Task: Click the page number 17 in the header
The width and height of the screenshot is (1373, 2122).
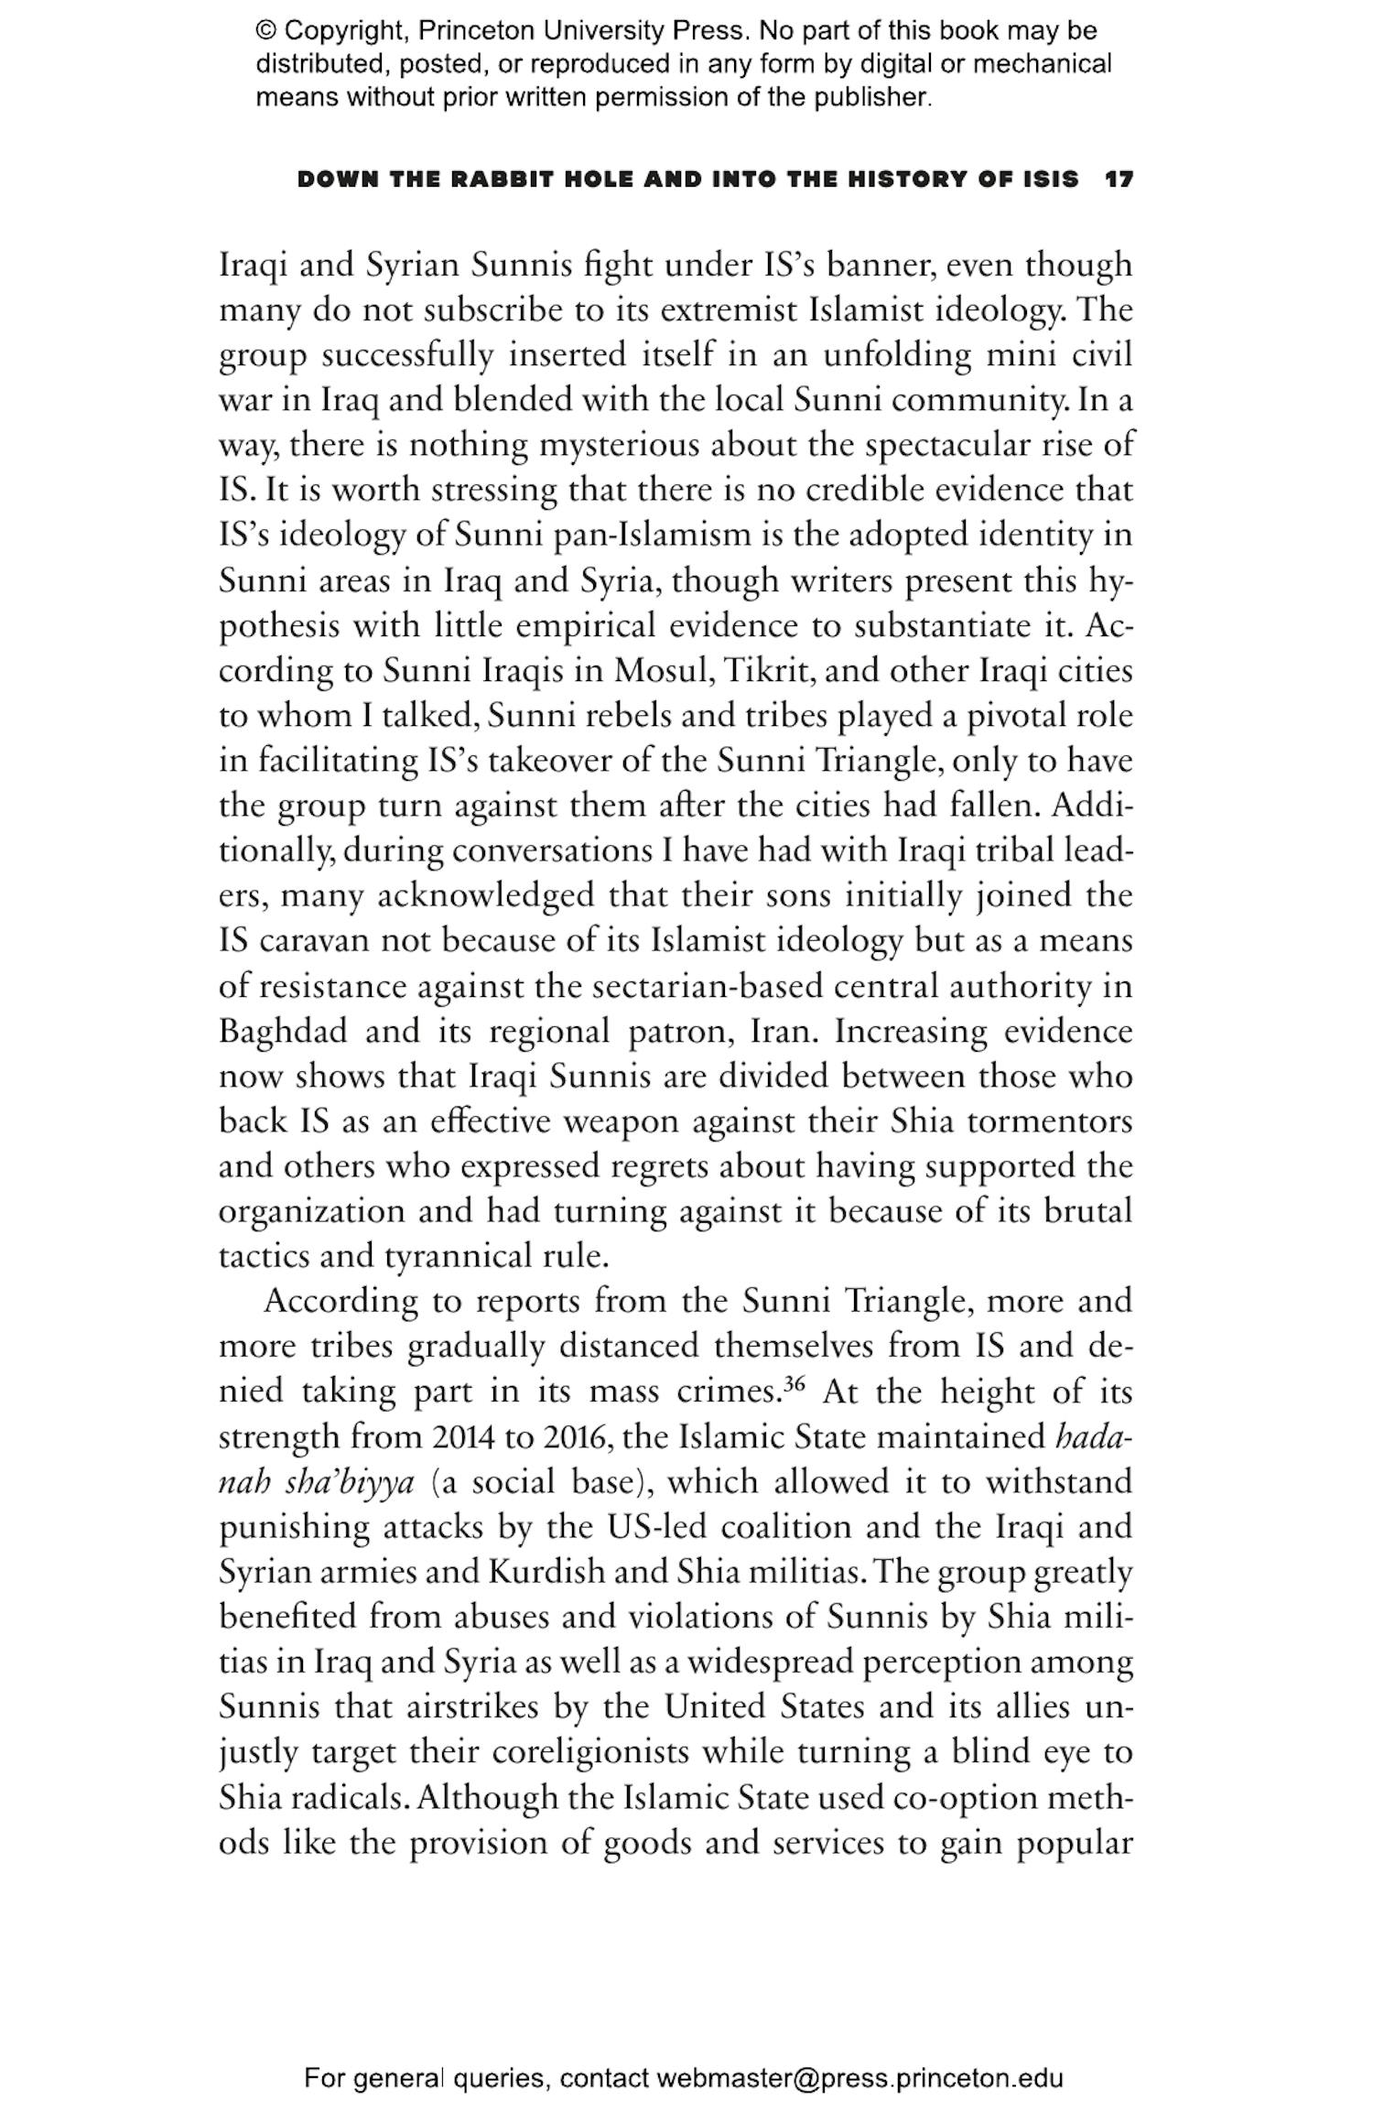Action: pos(1119,179)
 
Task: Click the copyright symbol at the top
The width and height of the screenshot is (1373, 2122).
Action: pos(265,31)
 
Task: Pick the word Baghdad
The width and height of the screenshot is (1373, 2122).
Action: pos(283,1032)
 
